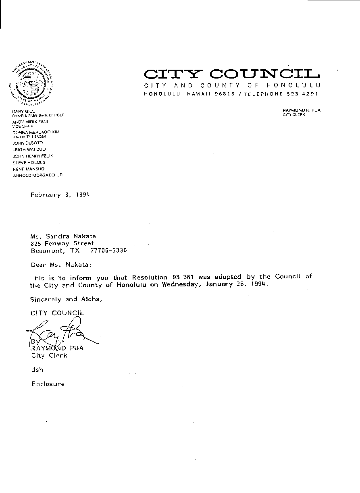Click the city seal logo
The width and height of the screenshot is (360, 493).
coord(31,82)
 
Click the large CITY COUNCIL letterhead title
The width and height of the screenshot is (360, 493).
coord(232,74)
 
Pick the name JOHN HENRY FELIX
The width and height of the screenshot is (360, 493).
coord(33,156)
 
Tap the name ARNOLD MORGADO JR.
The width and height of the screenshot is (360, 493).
coord(38,175)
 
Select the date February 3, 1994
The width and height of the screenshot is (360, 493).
coord(60,195)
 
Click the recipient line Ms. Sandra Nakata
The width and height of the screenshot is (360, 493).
coord(63,236)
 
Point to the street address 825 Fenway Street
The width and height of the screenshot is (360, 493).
coord(62,243)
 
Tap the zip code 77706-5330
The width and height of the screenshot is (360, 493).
coord(108,250)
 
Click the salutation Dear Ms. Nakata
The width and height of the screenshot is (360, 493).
coord(61,265)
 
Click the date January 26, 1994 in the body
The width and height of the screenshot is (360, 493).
coord(236,284)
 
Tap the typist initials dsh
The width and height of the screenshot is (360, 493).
coord(37,369)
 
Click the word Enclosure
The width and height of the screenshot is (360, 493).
coord(48,384)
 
